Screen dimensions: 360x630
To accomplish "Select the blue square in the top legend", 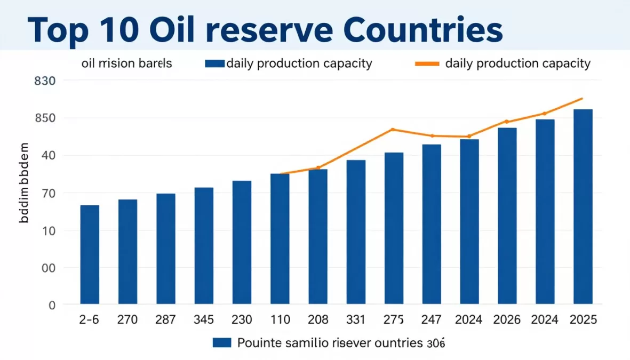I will [x=214, y=64].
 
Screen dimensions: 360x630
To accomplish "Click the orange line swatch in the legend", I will [x=426, y=64].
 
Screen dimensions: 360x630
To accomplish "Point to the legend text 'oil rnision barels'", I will [x=126, y=64].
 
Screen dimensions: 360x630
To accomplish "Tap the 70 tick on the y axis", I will [x=49, y=193].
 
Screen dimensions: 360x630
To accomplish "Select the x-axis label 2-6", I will [x=90, y=320].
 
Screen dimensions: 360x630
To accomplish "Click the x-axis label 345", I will [x=204, y=320].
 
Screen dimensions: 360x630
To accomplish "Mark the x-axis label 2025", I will [x=583, y=320].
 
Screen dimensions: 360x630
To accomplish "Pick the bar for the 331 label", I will [x=356, y=232].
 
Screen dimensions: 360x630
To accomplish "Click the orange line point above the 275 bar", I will [x=393, y=130].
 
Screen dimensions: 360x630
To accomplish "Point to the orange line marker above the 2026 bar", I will [x=507, y=122].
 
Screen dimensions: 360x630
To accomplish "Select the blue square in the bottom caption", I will [x=221, y=342].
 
